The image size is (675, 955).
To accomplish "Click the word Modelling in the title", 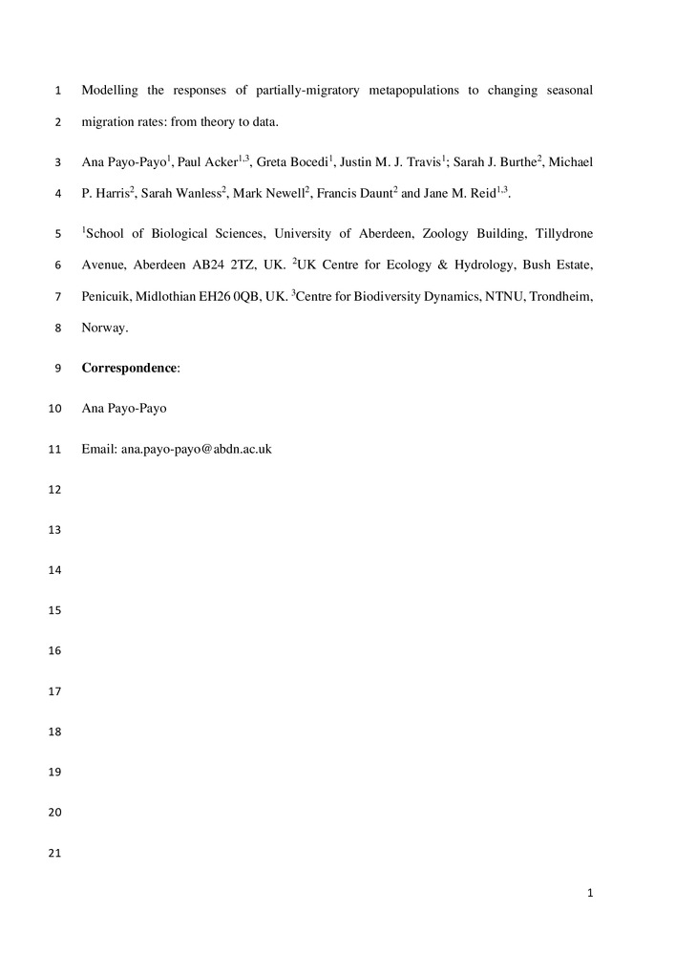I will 109,91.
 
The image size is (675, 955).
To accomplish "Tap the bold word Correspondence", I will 129,368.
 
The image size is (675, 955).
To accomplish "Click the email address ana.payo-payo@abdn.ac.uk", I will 196,448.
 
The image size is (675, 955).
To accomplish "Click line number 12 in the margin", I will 53,490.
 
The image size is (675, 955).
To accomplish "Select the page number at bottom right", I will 591,893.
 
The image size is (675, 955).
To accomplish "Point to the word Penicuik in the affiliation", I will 105,297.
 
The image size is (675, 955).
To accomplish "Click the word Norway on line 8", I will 104,328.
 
